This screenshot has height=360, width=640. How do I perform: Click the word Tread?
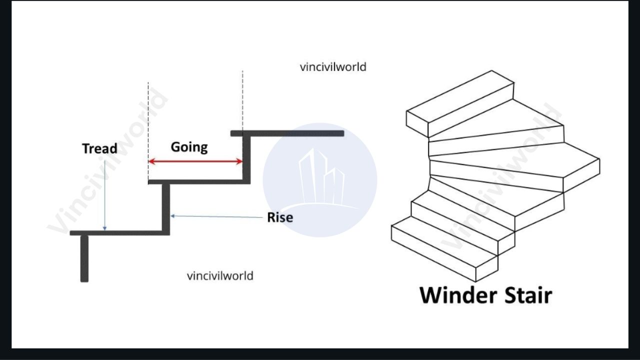[x=99, y=148]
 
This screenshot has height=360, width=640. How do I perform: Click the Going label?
[x=189, y=147]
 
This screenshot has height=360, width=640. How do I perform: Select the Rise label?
[x=279, y=217]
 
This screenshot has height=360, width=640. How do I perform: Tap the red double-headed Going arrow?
[x=195, y=161]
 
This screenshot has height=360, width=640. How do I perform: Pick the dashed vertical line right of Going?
[x=242, y=100]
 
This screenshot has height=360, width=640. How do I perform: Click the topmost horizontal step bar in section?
[x=287, y=133]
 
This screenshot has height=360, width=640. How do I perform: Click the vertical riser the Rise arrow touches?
[x=166, y=207]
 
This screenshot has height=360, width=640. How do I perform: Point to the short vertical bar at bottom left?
[x=84, y=258]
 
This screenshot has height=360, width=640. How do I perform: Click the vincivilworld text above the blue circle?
[x=333, y=67]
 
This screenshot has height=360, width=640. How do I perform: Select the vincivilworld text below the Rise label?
[x=220, y=275]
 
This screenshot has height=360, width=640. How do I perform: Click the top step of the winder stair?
[x=460, y=102]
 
